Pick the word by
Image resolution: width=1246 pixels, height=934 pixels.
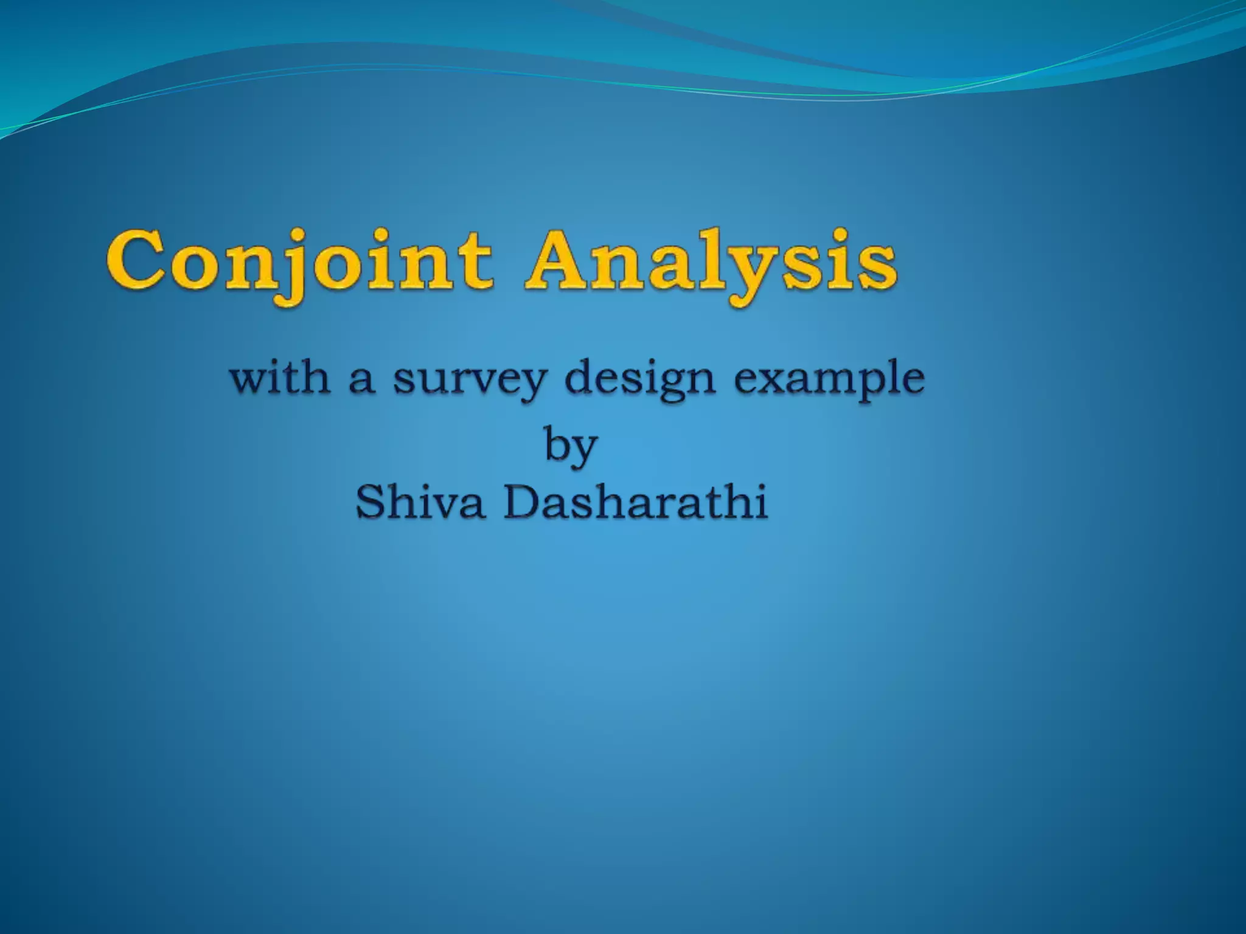tap(570, 445)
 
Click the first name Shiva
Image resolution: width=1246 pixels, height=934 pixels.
tap(420, 503)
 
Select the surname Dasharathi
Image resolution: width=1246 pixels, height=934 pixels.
tap(636, 503)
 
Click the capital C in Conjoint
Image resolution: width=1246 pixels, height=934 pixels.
tap(135, 261)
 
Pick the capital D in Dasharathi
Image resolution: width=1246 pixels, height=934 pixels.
tap(522, 503)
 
